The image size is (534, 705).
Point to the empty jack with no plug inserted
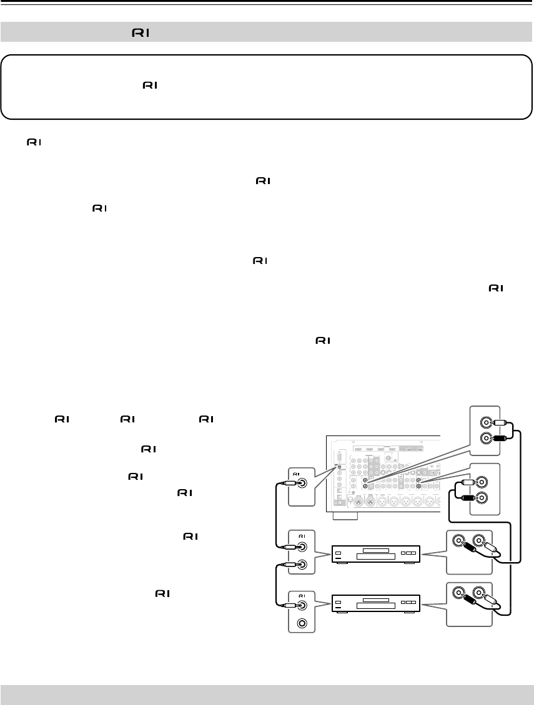click(x=303, y=621)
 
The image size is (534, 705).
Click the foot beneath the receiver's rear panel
click(x=345, y=517)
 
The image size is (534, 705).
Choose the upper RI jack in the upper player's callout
click(x=303, y=547)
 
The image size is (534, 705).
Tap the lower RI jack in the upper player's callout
click(x=303, y=564)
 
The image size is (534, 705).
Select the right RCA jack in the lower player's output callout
click(x=480, y=591)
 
